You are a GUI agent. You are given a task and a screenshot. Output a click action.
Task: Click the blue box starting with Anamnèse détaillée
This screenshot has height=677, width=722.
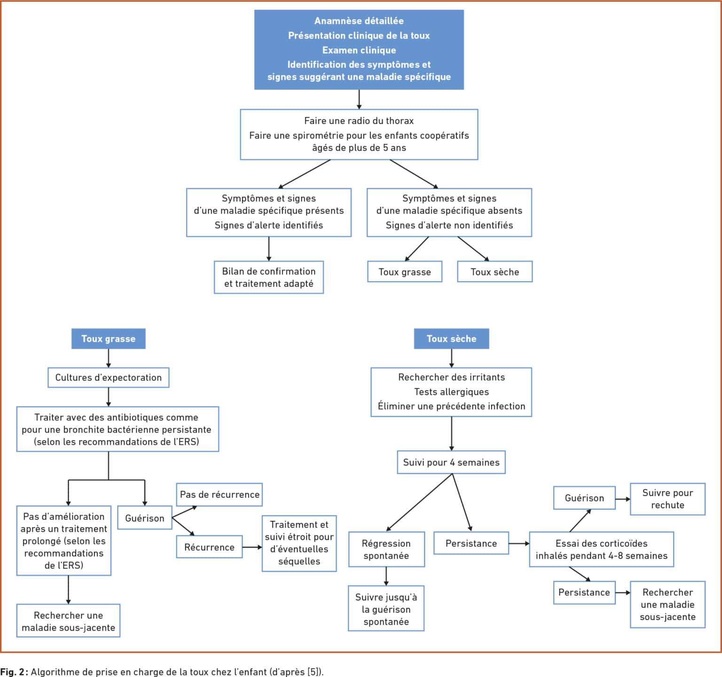pos(359,49)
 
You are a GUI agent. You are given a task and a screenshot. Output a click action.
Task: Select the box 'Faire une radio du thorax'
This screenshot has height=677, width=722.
pos(359,134)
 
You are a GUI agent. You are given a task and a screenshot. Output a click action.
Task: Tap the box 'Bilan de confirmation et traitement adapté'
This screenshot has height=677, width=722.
pos(269,277)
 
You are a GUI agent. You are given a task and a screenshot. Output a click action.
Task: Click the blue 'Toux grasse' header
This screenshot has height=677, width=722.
pos(109,338)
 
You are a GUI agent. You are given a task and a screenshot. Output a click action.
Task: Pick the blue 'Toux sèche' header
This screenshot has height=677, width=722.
pos(451,338)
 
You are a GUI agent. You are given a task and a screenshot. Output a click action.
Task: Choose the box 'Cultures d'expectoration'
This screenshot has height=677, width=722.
pos(109,378)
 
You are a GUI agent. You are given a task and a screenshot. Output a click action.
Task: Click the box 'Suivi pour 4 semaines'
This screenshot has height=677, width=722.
pos(451,462)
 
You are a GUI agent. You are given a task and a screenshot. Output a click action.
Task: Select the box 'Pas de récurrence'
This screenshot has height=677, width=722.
pos(220,495)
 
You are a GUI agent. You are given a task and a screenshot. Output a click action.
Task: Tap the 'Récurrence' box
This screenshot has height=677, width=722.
pos(209,547)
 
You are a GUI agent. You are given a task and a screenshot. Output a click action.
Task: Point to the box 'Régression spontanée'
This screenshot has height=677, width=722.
pos(386,549)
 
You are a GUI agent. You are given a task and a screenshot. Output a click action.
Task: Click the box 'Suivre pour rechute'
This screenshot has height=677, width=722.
pos(667,499)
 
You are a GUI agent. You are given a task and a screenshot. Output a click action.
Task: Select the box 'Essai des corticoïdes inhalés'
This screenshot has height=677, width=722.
pos(602,549)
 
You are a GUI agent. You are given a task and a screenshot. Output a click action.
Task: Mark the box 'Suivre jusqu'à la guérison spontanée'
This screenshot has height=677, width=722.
pos(386,608)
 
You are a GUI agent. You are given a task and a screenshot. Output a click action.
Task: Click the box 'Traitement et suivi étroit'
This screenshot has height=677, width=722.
pos(299,543)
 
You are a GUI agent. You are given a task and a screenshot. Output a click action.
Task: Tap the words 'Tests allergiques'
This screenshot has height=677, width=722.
pos(451,392)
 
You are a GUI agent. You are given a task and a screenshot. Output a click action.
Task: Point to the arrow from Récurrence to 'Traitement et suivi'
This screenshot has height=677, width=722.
pos(252,547)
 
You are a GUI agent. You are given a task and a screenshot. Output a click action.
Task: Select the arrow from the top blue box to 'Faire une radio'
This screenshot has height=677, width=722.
pos(359,100)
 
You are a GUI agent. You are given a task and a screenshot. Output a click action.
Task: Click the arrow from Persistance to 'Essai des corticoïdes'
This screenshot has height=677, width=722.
pos(519,543)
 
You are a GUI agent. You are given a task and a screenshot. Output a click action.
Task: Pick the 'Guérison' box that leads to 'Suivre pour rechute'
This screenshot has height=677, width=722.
pos(584,498)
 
